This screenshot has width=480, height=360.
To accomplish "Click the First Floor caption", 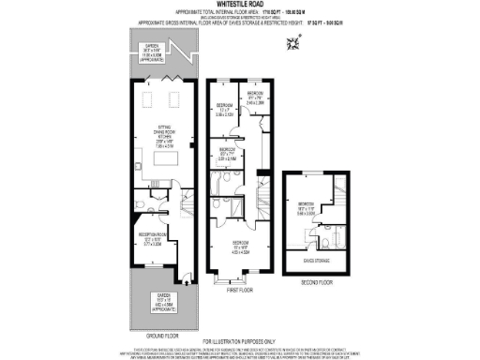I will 240,292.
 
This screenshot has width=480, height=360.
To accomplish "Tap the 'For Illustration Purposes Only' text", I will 239,341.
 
